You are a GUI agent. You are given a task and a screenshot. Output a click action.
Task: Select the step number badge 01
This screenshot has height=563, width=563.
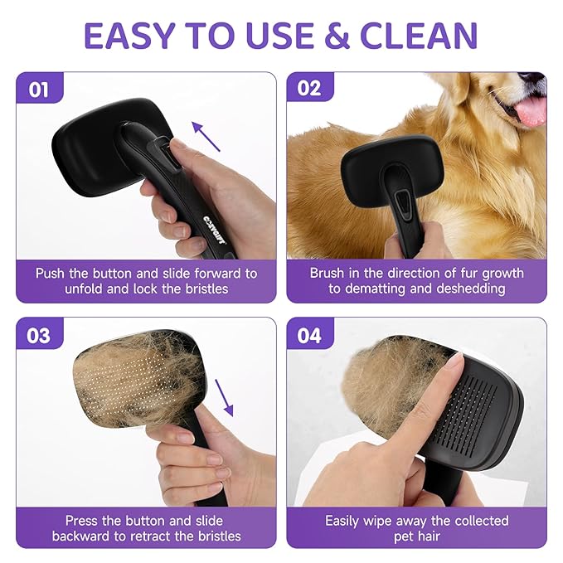[x=39, y=89]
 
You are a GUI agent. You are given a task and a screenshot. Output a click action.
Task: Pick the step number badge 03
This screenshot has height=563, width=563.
[x=39, y=335]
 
